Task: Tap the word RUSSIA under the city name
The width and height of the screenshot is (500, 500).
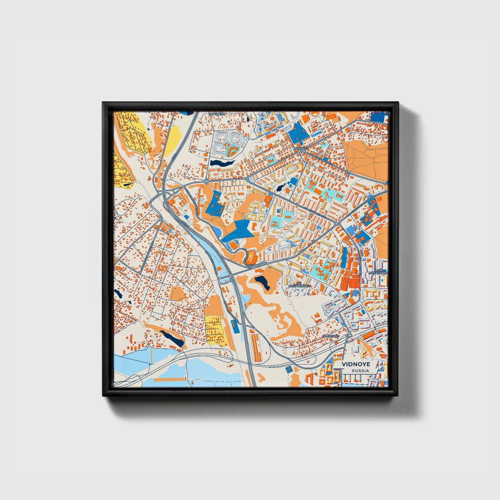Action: click(360, 371)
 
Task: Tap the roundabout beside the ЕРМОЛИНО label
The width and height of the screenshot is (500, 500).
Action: click(350, 335)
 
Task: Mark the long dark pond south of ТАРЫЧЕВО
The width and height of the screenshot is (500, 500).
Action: click(222, 162)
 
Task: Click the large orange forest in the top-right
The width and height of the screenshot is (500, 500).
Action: click(367, 156)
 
